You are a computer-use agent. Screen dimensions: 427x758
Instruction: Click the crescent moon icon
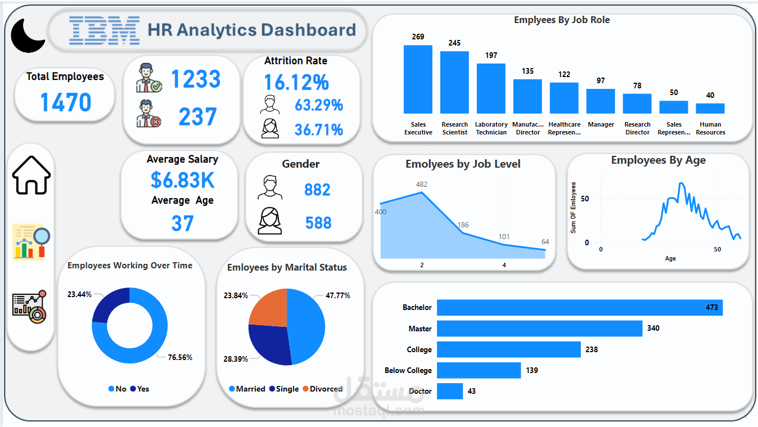click(x=27, y=35)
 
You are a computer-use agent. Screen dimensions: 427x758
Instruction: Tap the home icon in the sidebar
click(x=31, y=176)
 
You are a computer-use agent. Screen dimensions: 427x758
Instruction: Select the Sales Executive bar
click(x=418, y=79)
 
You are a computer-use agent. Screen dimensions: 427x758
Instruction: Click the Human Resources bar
click(x=710, y=109)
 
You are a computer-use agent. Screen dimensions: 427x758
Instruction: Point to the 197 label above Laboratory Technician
click(x=491, y=55)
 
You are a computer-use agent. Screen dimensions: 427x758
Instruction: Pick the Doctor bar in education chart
click(x=450, y=391)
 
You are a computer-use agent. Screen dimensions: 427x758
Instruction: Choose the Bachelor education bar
click(x=579, y=308)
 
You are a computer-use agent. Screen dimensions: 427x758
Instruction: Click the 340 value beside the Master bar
click(x=653, y=328)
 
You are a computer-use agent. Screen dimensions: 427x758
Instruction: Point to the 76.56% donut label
click(x=180, y=357)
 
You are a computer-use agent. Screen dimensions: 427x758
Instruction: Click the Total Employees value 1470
click(x=65, y=102)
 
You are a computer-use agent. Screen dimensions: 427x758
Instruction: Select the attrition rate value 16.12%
click(x=296, y=83)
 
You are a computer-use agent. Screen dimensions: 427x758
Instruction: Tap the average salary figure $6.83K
click(x=183, y=180)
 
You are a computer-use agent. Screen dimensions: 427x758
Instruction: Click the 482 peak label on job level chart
click(x=421, y=185)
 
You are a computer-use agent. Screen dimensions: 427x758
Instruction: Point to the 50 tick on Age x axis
click(x=717, y=249)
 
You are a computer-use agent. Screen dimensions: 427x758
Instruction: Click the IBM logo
click(x=104, y=30)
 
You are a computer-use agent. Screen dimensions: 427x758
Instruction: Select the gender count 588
click(x=318, y=223)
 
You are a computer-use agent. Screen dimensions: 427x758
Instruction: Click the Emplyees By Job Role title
click(x=562, y=20)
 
